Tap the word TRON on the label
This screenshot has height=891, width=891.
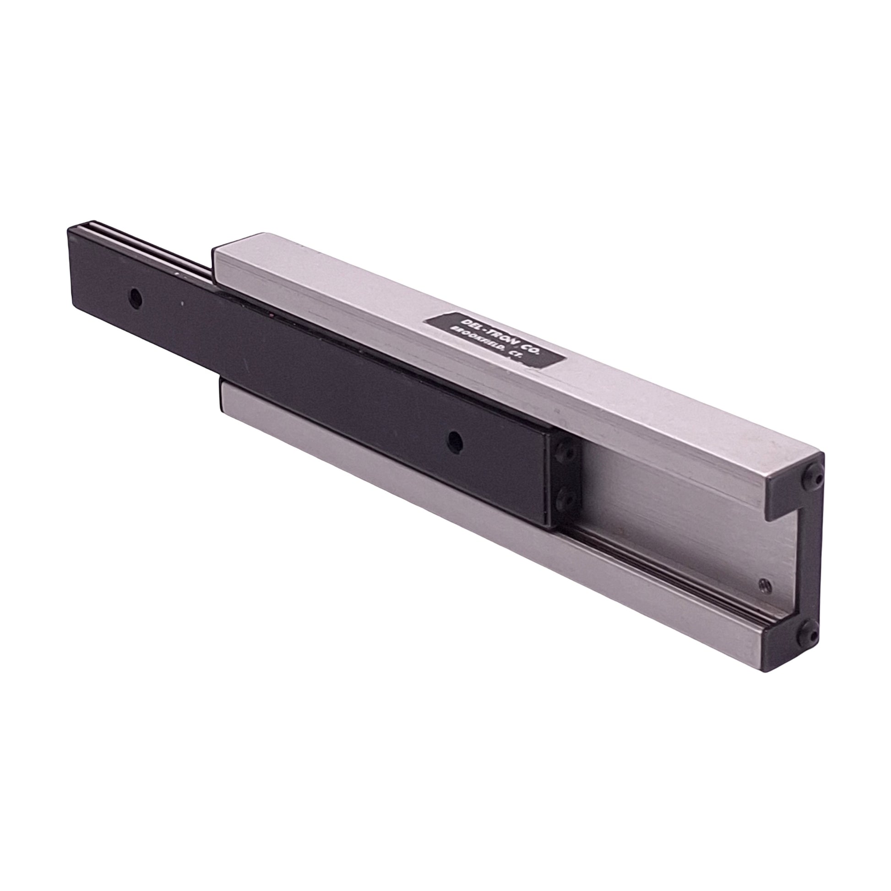[489, 333]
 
